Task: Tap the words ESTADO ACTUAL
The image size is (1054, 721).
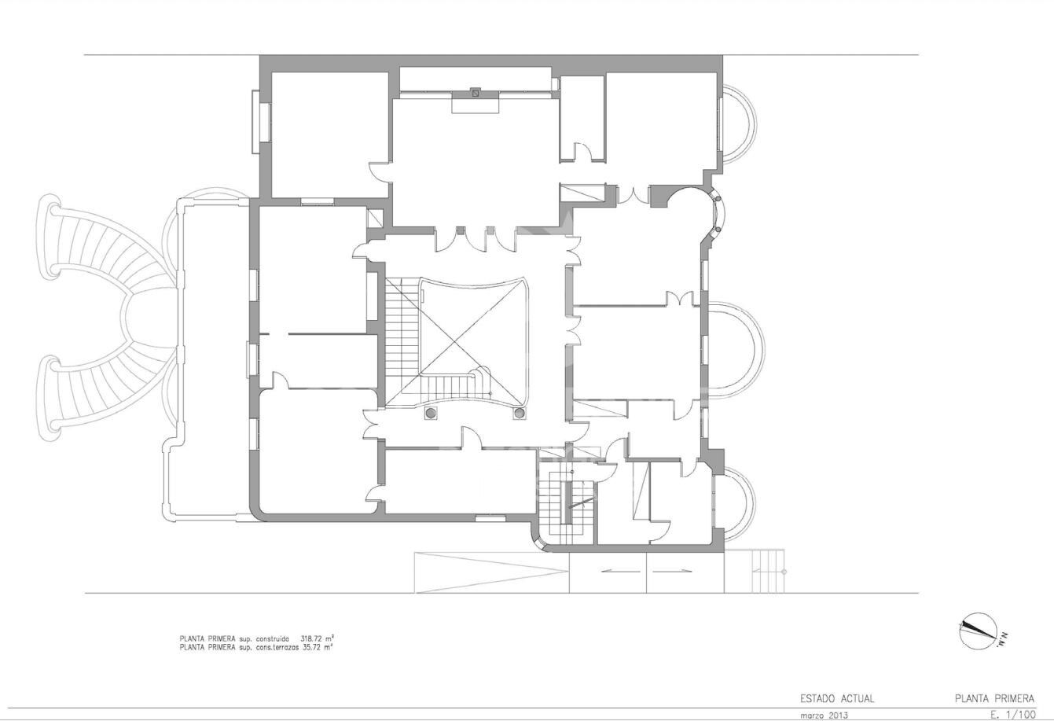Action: point(837,698)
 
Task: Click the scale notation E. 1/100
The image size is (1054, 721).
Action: point(1013,715)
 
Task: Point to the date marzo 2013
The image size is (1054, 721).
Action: point(824,715)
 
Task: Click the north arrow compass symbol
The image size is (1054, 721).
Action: point(979,631)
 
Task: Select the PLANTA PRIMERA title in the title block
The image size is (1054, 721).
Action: point(994,698)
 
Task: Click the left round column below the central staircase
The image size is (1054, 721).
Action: point(430,412)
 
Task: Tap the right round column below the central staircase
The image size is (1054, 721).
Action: point(519,412)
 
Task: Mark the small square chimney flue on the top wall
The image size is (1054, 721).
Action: point(475,92)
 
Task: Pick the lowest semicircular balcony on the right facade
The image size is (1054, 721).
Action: point(738,503)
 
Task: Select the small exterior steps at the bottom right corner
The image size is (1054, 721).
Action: point(768,571)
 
